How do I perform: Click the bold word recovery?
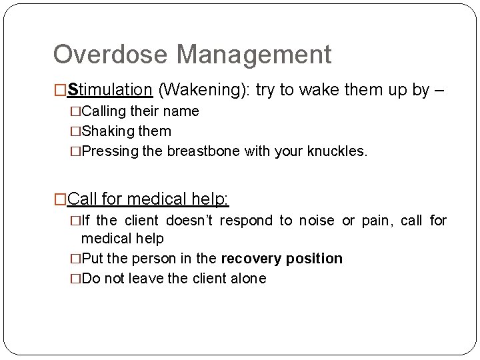(250, 259)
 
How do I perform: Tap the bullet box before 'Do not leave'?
(76, 279)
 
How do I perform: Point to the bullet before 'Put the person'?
(76, 259)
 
